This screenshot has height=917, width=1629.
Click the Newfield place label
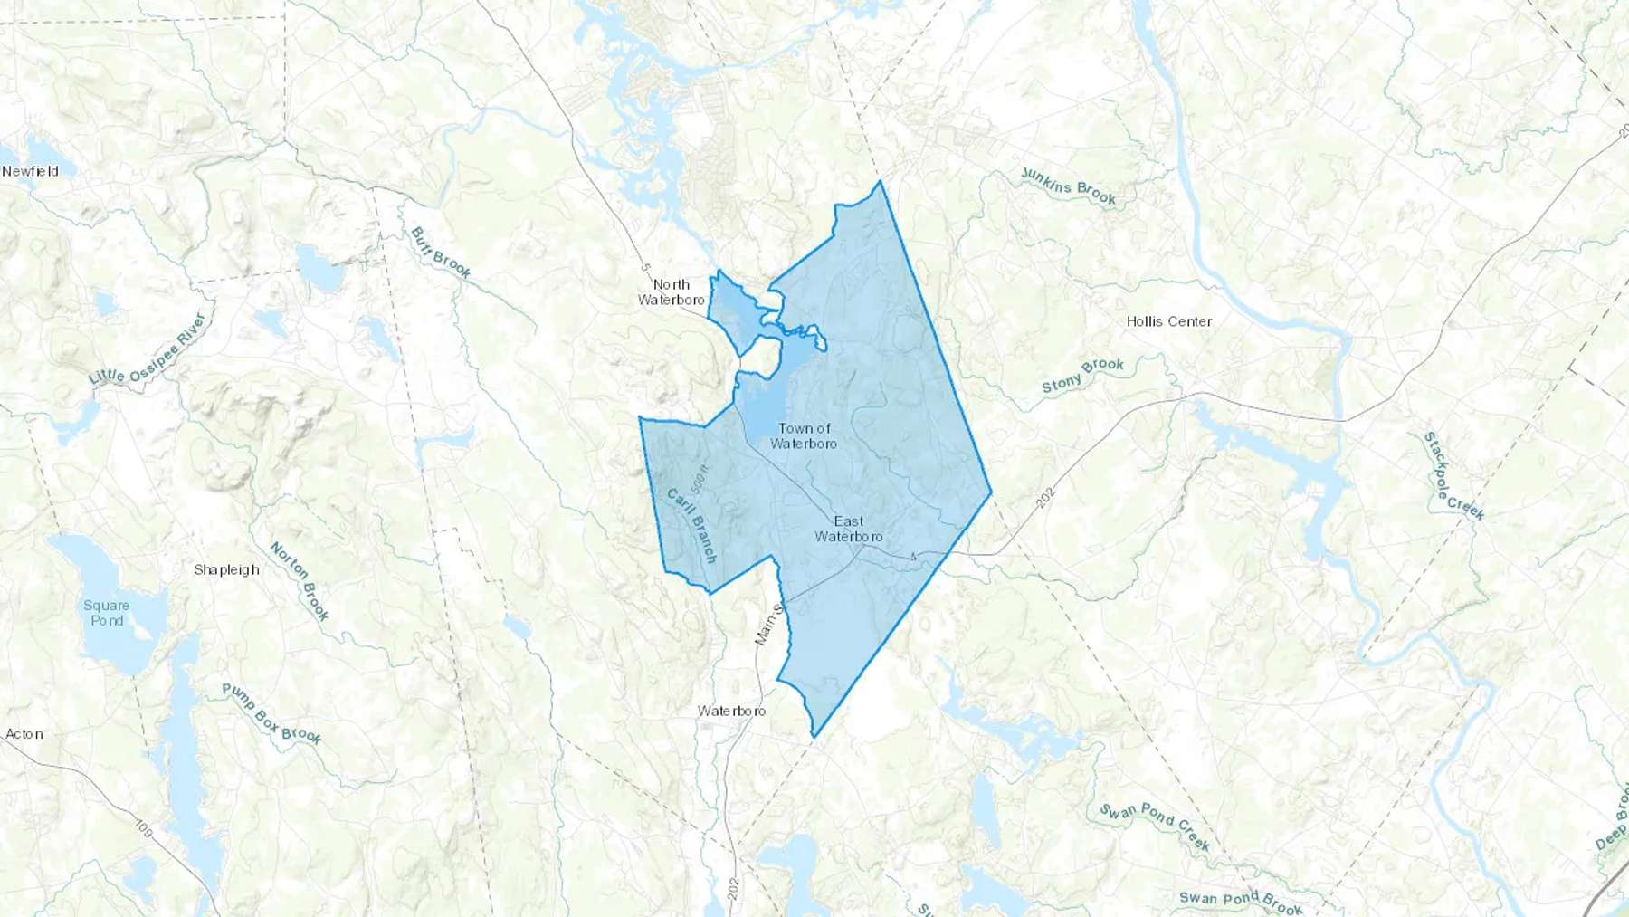coord(30,171)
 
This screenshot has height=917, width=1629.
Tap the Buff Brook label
coord(441,253)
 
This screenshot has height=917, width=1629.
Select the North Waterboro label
coord(672,292)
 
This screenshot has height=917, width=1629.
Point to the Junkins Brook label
coord(1068,186)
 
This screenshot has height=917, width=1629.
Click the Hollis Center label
coord(1168,321)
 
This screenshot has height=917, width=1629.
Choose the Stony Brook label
coord(1082,376)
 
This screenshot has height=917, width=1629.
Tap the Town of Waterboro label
coord(804,435)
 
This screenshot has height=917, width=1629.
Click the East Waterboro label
coord(849,529)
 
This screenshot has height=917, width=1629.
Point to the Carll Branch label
coord(692,526)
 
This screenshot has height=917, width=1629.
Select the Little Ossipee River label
coord(149,349)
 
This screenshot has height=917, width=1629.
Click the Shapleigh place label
coord(226,569)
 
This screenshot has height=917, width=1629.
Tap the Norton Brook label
coord(300,581)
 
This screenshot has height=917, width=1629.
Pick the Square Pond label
coord(107,613)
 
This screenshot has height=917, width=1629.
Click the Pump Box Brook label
coord(271,713)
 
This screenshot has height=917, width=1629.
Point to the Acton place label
coord(24,734)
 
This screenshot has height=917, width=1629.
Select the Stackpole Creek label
coord(1453,476)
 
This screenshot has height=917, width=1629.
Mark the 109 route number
coord(143,826)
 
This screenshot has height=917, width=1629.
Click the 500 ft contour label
coord(699,479)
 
